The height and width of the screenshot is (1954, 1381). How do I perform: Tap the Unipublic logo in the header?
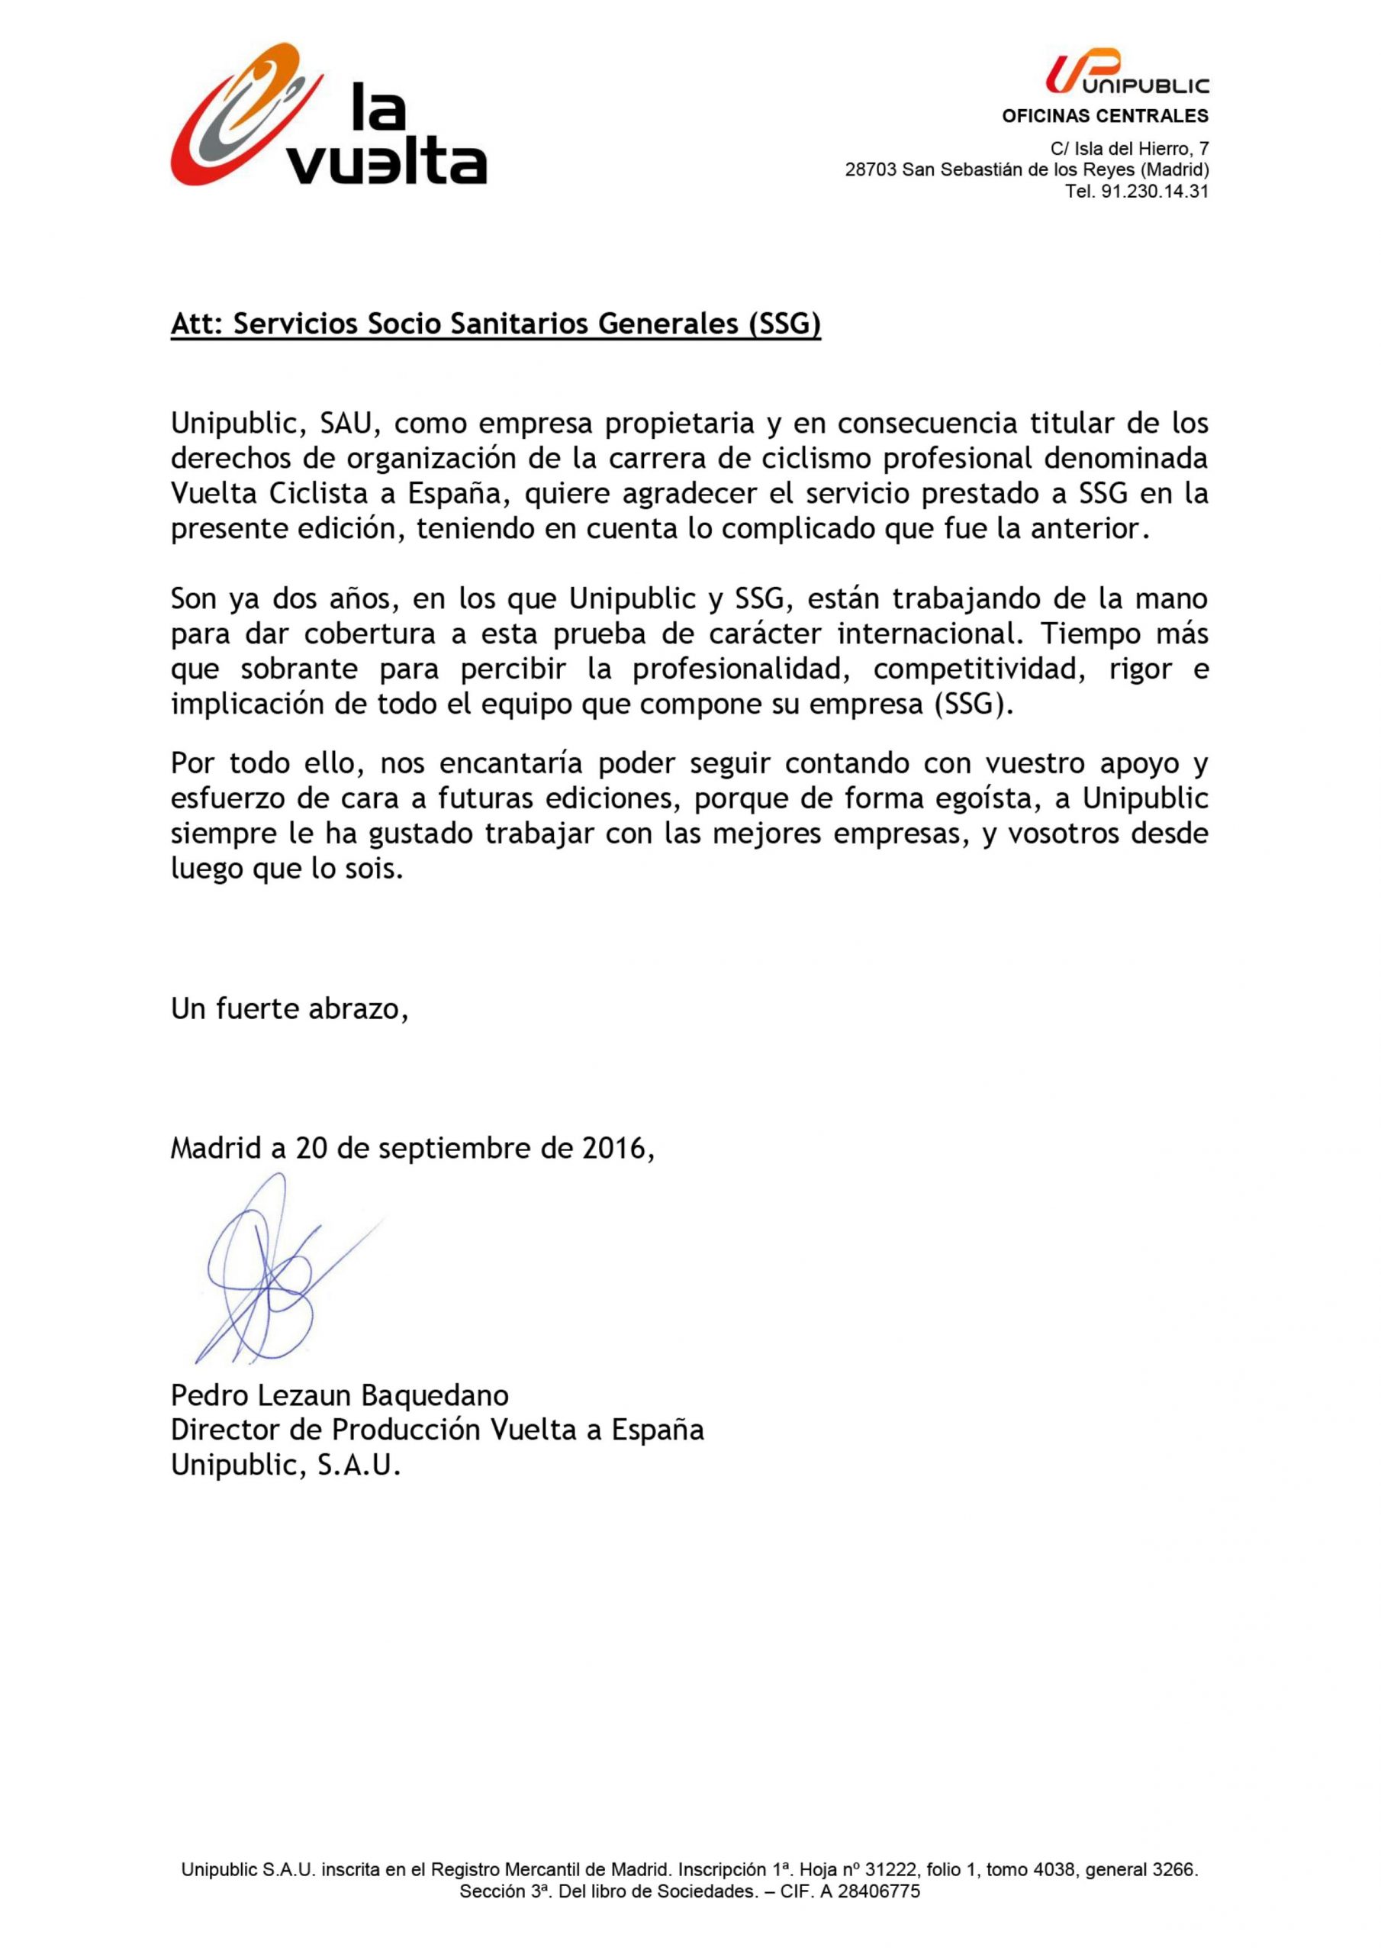point(1127,73)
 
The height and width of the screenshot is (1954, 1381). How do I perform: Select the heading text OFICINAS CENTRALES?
point(1105,117)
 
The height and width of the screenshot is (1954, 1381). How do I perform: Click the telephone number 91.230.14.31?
point(1154,192)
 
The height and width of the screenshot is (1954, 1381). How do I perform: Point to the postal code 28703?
point(871,170)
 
